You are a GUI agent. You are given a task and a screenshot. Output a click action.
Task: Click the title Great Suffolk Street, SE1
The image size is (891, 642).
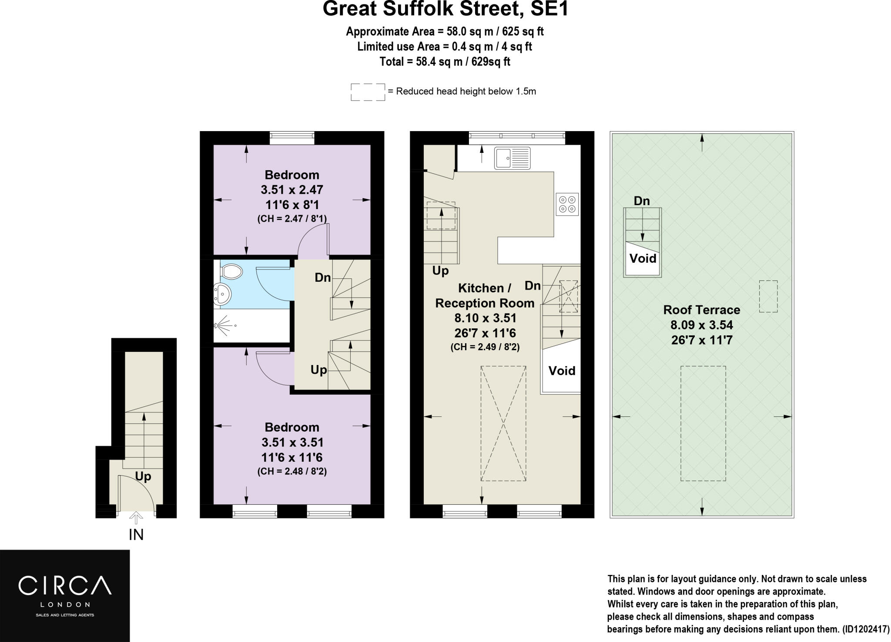tap(445, 9)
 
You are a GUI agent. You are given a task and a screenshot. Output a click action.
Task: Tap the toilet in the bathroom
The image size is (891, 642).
tap(231, 271)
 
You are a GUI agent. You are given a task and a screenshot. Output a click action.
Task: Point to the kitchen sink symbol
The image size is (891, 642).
tap(512, 158)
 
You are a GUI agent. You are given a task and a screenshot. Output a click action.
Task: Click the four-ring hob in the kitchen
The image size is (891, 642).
tap(567, 204)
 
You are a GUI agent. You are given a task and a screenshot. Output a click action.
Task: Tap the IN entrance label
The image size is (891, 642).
tap(136, 534)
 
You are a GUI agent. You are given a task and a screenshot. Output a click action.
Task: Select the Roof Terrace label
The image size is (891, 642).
tap(701, 310)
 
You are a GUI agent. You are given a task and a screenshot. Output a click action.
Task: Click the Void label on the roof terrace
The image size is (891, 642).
tap(643, 259)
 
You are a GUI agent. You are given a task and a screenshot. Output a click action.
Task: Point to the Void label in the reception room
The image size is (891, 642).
tap(562, 371)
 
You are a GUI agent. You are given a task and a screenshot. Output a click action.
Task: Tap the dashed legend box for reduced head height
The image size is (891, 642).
tap(368, 92)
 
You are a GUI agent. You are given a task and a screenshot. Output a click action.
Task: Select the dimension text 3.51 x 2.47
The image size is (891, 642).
tap(291, 190)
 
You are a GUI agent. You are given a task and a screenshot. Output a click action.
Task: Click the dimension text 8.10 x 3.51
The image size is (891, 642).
tap(485, 318)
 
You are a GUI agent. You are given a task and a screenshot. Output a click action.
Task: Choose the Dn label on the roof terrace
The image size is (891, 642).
tap(642, 201)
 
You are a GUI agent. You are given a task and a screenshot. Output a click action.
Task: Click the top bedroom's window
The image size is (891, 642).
tap(291, 138)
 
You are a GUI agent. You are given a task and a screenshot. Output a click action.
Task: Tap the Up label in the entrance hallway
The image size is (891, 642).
tap(143, 476)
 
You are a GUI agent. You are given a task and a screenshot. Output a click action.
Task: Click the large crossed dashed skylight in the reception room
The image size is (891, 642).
tap(503, 423)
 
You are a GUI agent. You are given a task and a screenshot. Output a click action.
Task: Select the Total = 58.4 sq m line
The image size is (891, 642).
tap(445, 62)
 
